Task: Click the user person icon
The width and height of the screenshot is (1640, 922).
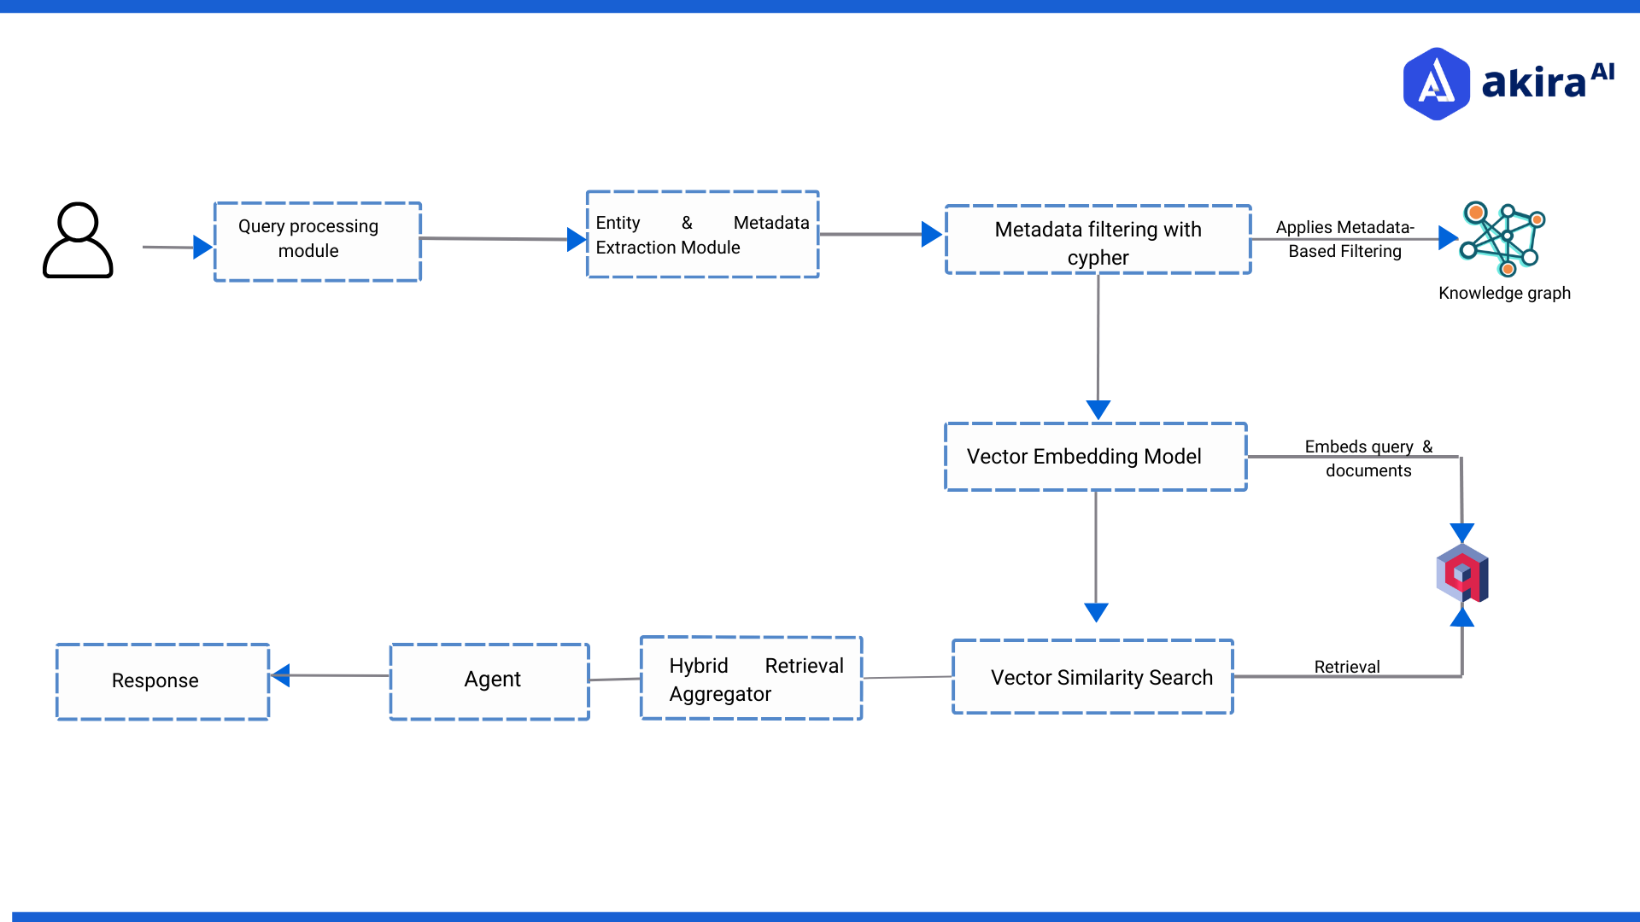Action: click(x=78, y=241)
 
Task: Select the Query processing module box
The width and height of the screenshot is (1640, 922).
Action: click(x=317, y=242)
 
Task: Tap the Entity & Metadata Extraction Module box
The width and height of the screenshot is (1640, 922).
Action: click(x=702, y=235)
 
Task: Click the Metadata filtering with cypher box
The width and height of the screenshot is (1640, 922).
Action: click(x=1098, y=240)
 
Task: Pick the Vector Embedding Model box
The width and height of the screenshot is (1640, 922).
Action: click(x=1095, y=457)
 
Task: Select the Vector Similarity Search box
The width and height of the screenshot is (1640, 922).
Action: click(x=1092, y=677)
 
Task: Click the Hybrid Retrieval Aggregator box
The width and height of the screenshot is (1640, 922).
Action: click(x=751, y=679)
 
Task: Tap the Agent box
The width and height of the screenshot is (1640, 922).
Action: click(x=489, y=681)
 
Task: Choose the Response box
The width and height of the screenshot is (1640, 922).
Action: click(x=162, y=681)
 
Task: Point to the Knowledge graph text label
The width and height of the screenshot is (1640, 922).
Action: click(x=1504, y=293)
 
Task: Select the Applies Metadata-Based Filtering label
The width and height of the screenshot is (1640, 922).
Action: click(x=1344, y=239)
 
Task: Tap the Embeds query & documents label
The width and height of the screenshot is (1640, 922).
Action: click(x=1368, y=458)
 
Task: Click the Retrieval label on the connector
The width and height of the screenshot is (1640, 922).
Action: click(x=1346, y=667)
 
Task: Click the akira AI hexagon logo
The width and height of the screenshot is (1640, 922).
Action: click(x=1436, y=84)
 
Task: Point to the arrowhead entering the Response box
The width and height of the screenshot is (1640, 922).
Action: click(x=281, y=675)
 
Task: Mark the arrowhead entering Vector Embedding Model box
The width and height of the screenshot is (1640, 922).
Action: click(x=1098, y=410)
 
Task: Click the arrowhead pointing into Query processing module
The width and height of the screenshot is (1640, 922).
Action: click(x=202, y=248)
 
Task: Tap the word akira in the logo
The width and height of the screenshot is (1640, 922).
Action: click(x=1533, y=84)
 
